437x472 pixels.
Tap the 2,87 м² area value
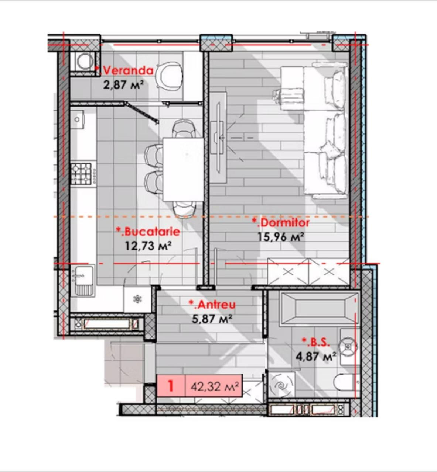pos(124,84)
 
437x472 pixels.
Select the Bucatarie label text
pos(148,232)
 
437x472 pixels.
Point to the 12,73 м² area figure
pos(148,246)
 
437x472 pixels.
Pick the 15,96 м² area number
pos(281,237)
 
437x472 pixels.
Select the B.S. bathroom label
pos(316,343)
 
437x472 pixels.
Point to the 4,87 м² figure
pos(316,357)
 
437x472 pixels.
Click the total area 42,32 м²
pos(215,387)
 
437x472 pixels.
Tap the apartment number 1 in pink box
pos(171,386)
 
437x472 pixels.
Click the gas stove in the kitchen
pos(81,174)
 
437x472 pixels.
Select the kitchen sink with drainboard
pos(82,281)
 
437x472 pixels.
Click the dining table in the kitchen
pos(183,169)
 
